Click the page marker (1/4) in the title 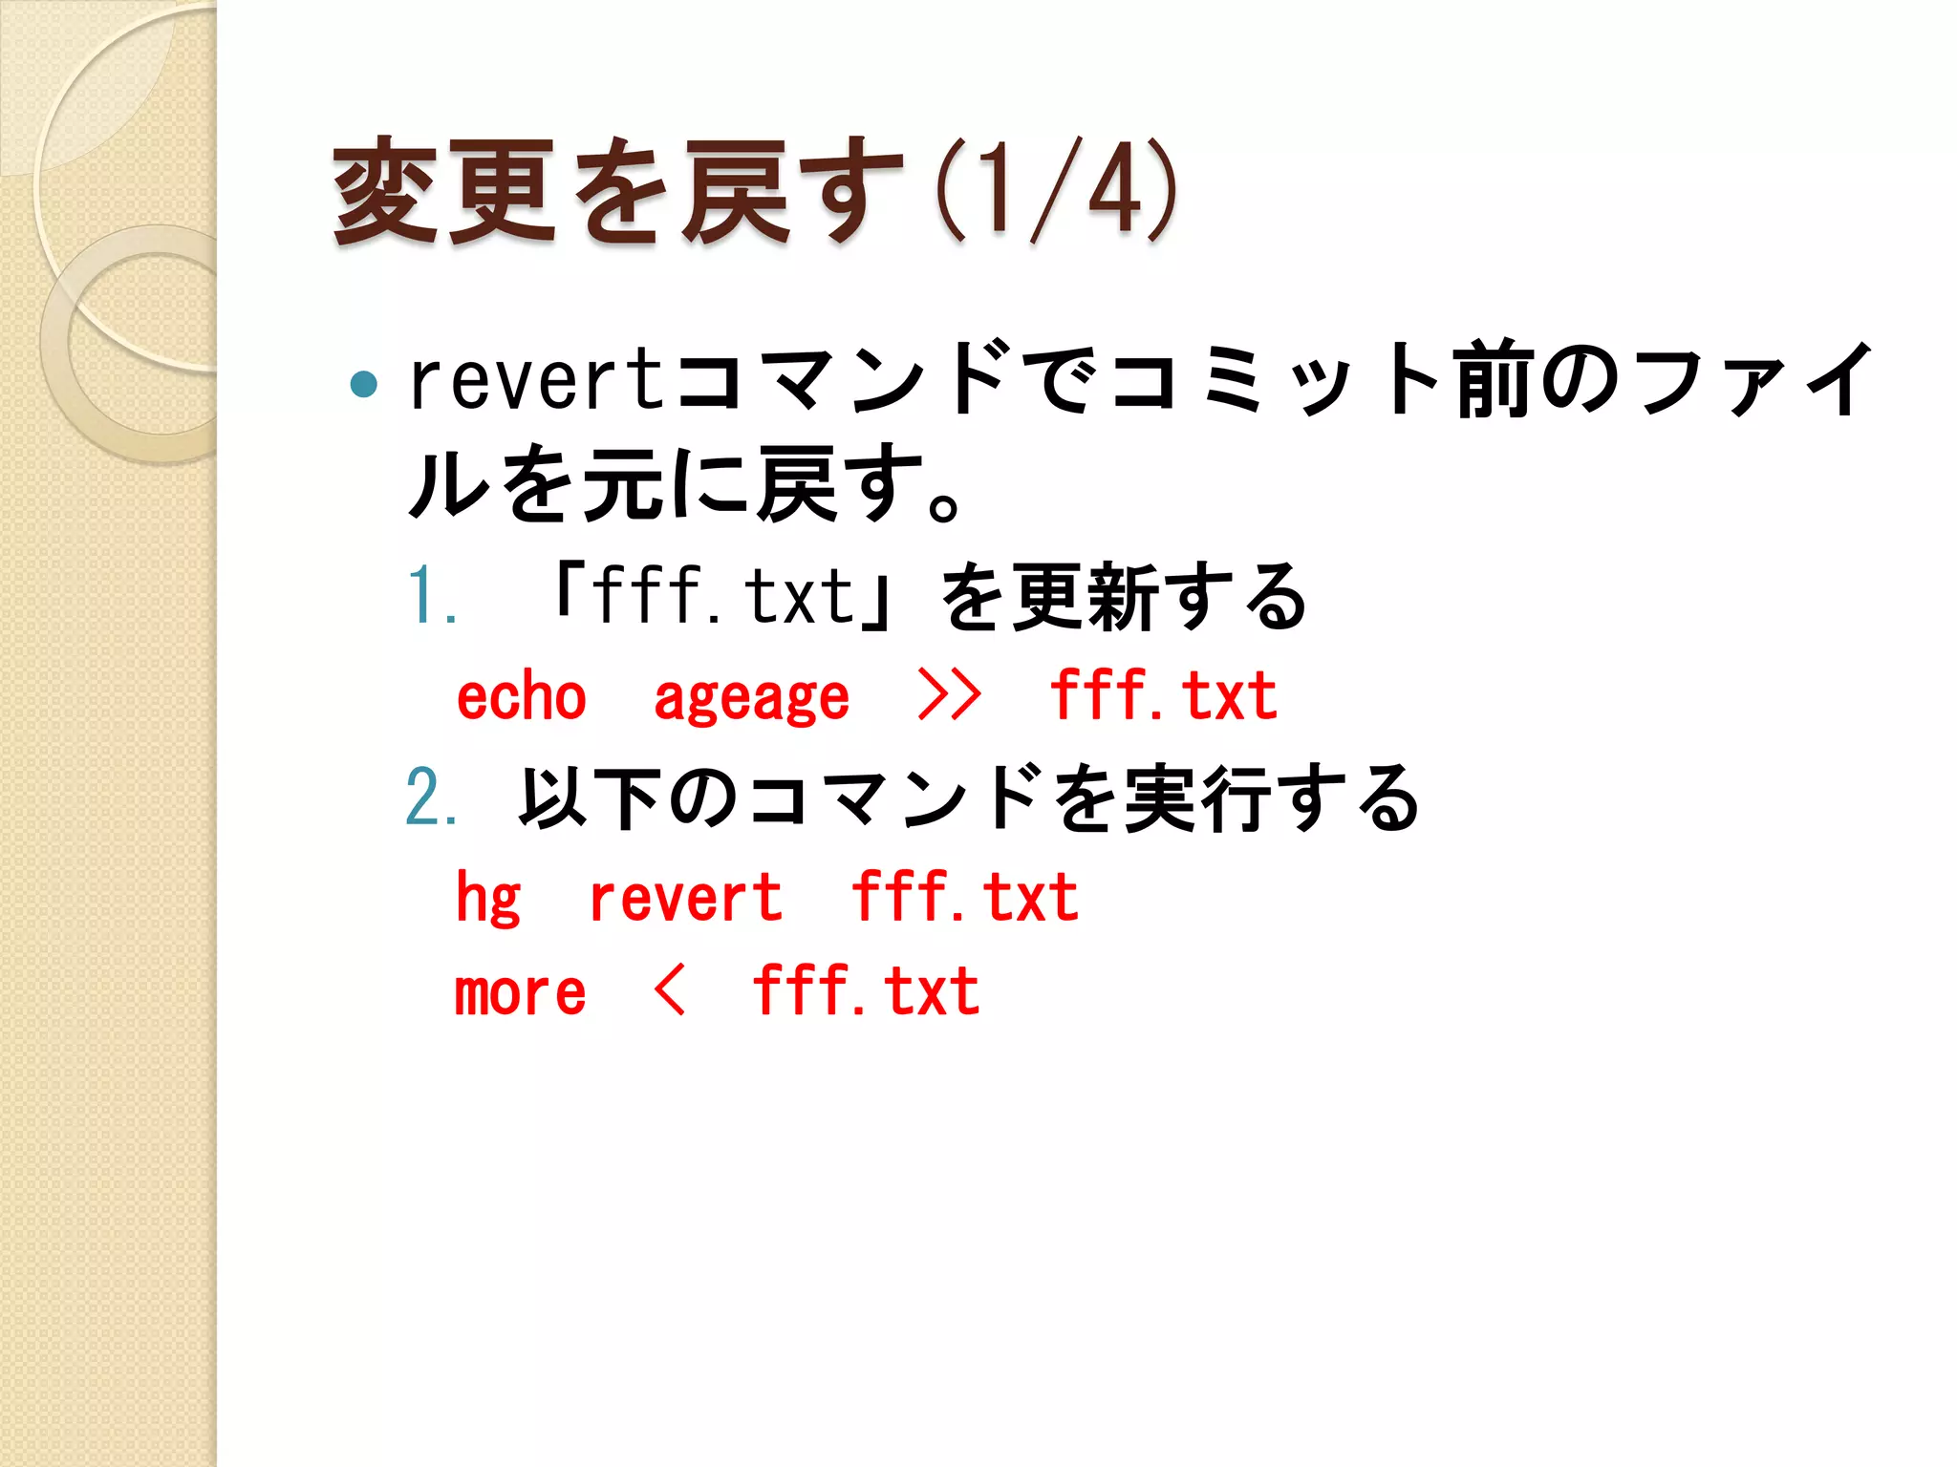1055,190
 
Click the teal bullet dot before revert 364,384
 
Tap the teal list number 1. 429,596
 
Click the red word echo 522,697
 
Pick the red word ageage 751,697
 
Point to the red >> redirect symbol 948,695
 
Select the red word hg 488,899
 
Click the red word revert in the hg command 685,899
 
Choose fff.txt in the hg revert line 965,897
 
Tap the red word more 520,993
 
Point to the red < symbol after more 670,990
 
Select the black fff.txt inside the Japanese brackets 723,595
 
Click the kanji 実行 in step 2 1199,797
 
